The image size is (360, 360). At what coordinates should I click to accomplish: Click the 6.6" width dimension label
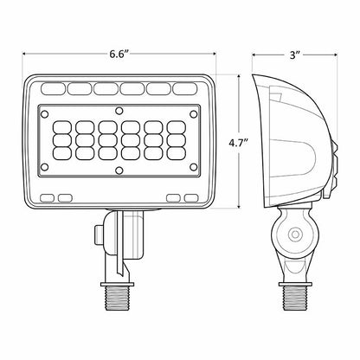pyautogui.click(x=119, y=54)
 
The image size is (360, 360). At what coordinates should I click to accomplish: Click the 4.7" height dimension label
pyautogui.click(x=239, y=143)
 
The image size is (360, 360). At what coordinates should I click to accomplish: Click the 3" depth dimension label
pyautogui.click(x=295, y=55)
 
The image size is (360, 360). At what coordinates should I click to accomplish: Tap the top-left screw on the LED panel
pyautogui.click(x=44, y=114)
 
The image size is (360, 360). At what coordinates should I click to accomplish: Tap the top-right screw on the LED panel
pyautogui.click(x=193, y=114)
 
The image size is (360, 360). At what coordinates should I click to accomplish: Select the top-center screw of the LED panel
pyautogui.click(x=119, y=111)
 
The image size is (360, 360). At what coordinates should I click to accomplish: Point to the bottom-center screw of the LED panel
pyautogui.click(x=119, y=170)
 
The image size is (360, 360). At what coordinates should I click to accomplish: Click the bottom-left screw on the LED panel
pyautogui.click(x=44, y=167)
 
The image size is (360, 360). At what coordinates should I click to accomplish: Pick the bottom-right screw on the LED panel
pyautogui.click(x=193, y=167)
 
